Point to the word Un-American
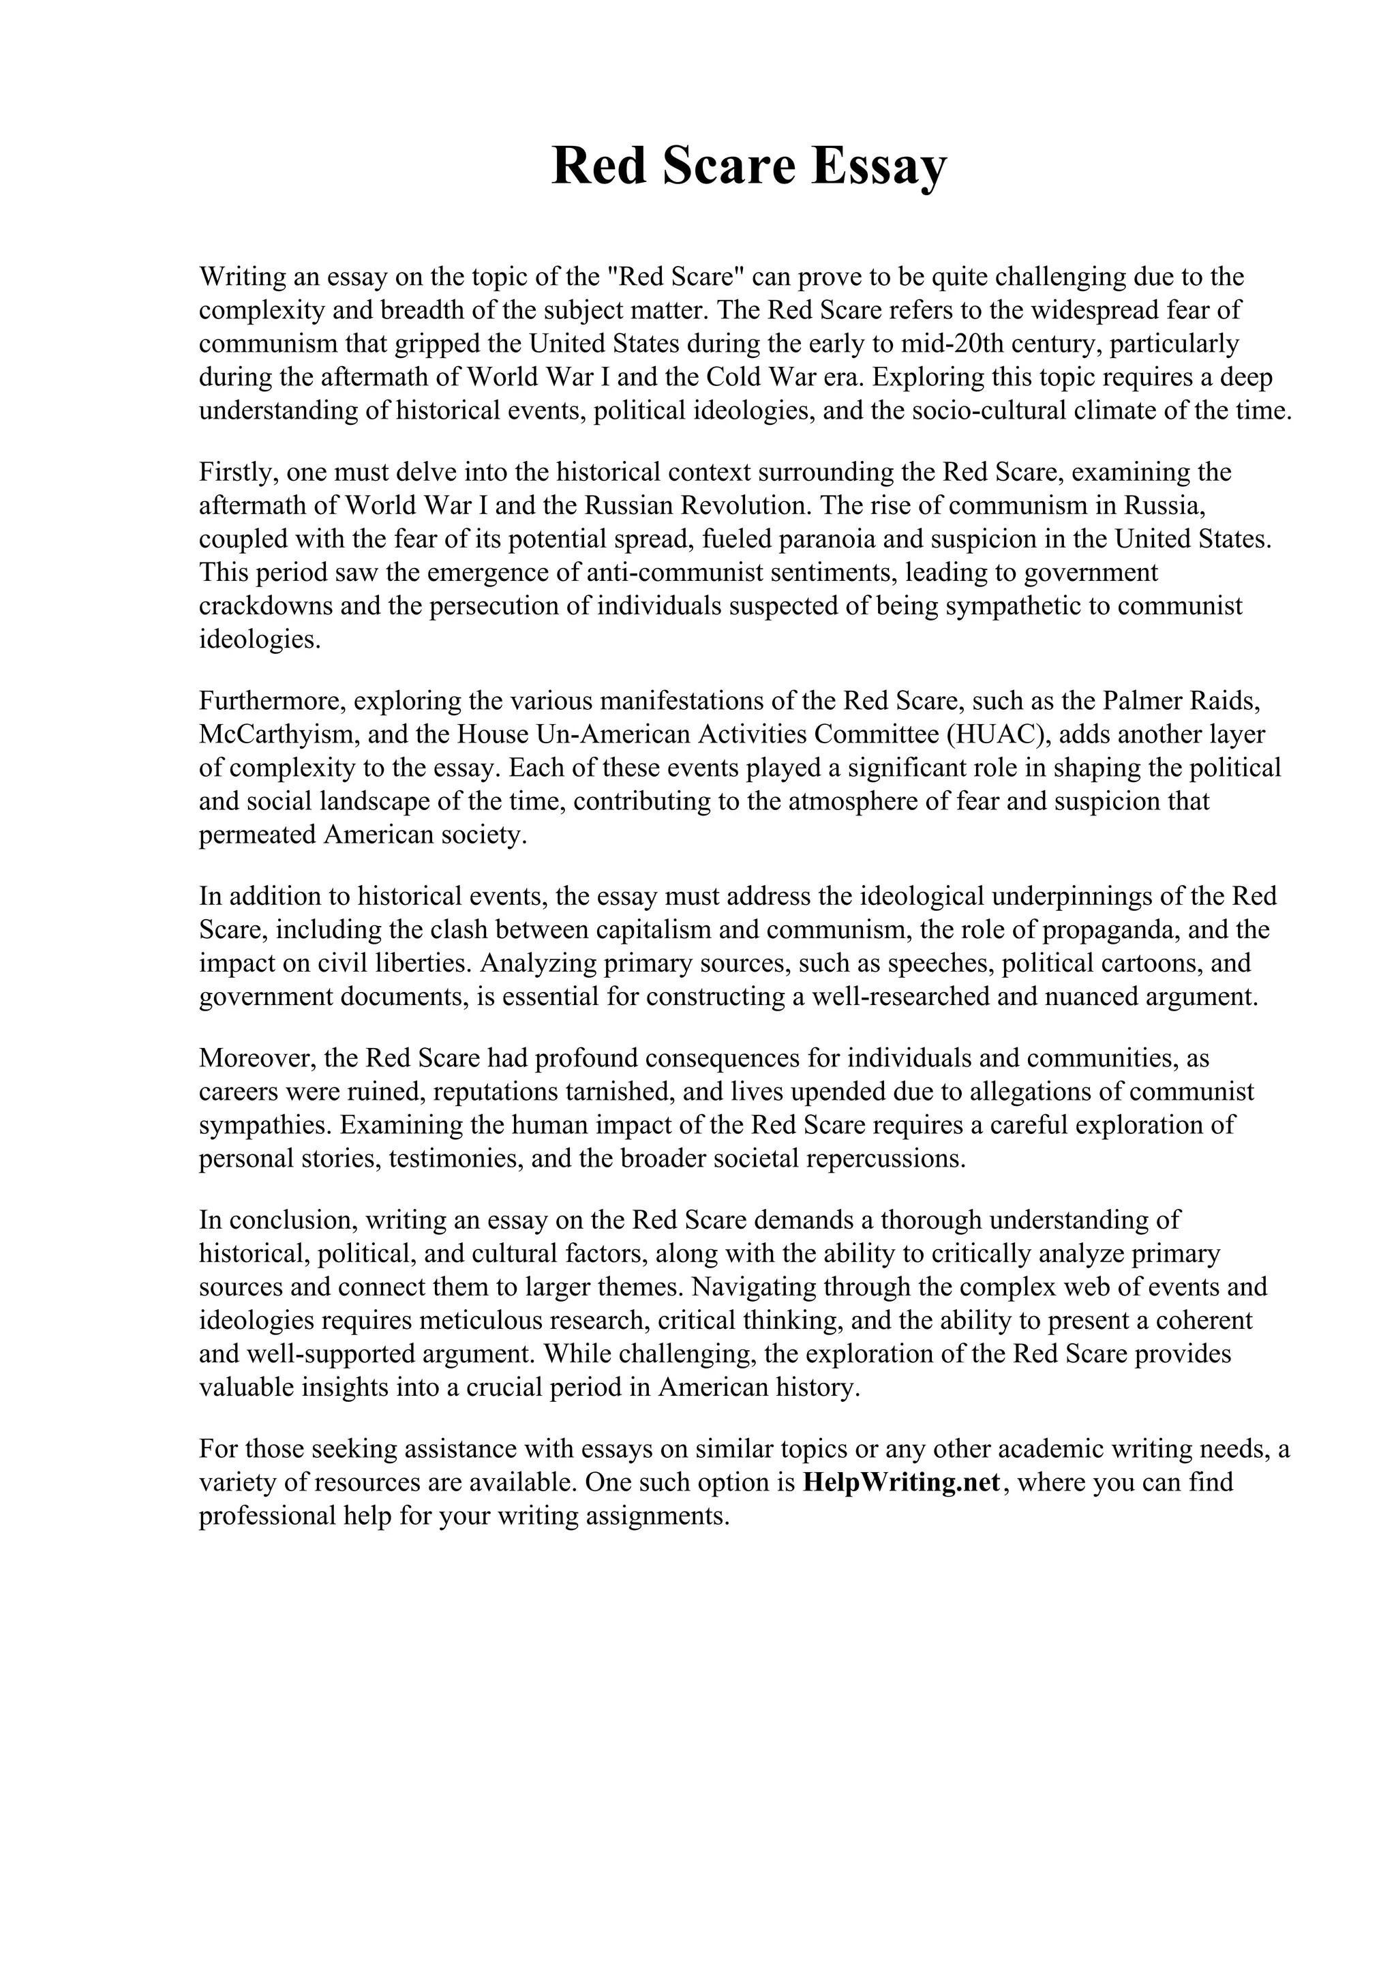614,734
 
